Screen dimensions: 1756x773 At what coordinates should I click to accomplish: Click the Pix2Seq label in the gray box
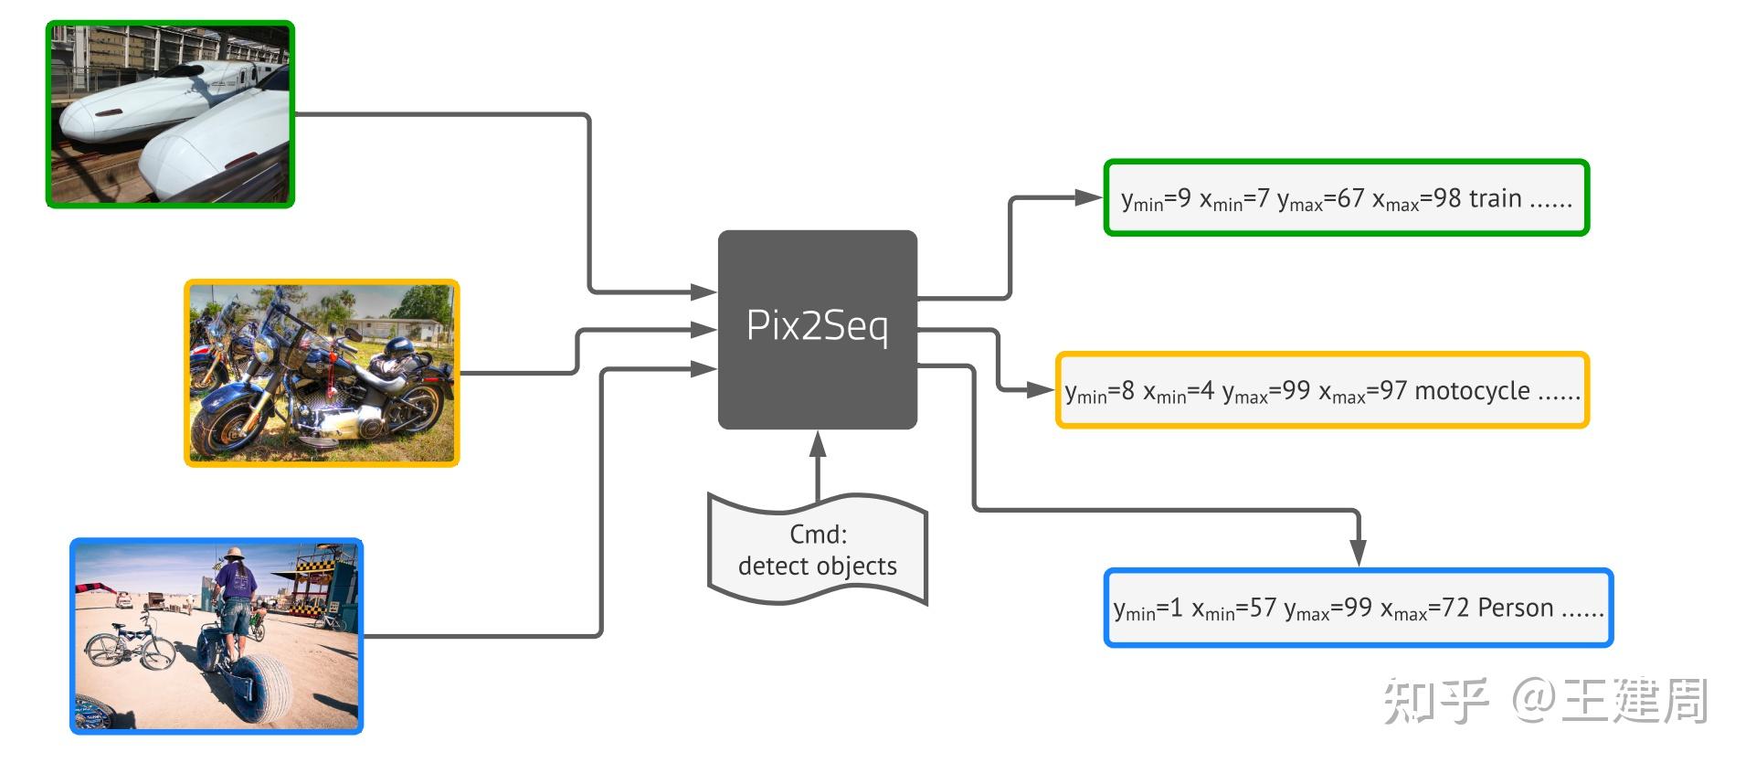[817, 326]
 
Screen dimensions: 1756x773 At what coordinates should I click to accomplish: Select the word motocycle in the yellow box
[1472, 391]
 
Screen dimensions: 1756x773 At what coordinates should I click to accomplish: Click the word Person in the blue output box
[1515, 608]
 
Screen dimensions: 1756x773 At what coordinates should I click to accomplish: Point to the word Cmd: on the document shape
[818, 534]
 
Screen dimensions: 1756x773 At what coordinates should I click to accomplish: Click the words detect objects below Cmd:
[817, 567]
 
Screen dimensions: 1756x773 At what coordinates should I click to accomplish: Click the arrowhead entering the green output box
[1088, 197]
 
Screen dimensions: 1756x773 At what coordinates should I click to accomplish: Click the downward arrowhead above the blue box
[1358, 553]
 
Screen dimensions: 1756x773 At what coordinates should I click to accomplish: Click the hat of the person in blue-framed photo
[234, 554]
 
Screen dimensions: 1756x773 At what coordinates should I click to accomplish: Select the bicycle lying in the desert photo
[130, 641]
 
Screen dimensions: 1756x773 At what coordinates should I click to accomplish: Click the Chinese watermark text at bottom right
[1544, 701]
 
